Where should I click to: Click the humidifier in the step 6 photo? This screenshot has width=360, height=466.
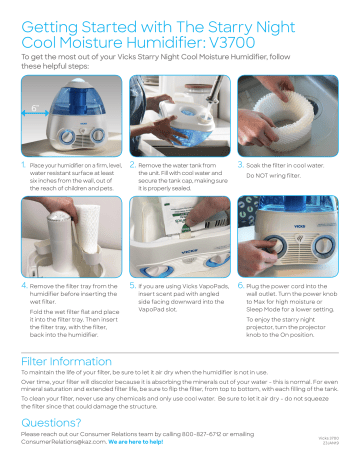click(x=300, y=250)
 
